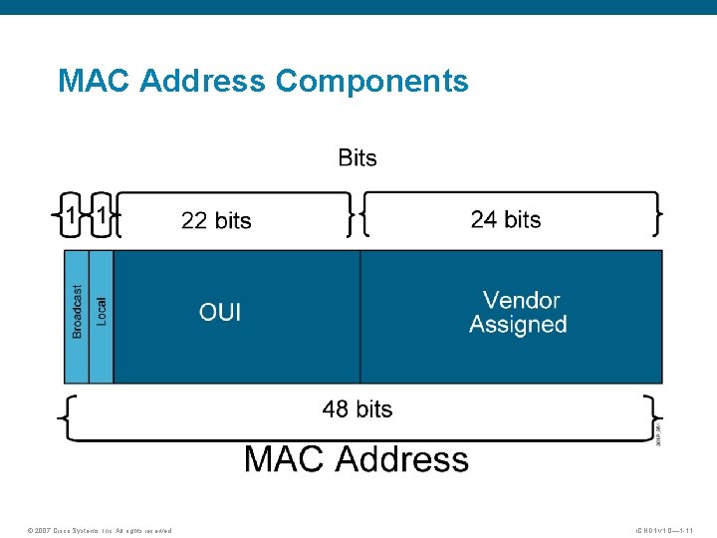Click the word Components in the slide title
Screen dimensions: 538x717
tap(371, 81)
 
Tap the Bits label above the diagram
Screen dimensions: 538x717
tap(358, 157)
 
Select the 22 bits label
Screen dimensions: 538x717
tap(216, 220)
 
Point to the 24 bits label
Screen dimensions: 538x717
tap(506, 219)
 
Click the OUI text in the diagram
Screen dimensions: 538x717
tap(220, 313)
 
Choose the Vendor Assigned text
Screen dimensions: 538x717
tap(518, 312)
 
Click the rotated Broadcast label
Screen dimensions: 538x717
tap(78, 311)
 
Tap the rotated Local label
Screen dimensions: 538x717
tap(102, 310)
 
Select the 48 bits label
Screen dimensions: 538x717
tap(358, 409)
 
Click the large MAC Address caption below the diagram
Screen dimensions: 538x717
tap(357, 459)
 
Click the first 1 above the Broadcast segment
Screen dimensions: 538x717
tap(70, 215)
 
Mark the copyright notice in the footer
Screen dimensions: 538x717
tap(101, 530)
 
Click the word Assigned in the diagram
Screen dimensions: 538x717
tap(518, 325)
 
